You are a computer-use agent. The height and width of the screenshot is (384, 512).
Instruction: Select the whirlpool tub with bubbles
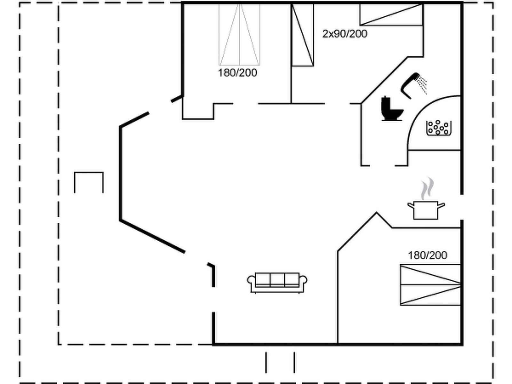[438, 128]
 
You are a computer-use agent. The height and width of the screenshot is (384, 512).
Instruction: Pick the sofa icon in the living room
[277, 283]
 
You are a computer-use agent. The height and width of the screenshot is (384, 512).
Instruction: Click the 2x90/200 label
[345, 34]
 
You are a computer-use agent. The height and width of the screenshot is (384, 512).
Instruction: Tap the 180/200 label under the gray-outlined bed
[237, 73]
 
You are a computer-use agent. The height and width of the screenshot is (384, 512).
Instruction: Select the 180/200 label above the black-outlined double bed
[427, 255]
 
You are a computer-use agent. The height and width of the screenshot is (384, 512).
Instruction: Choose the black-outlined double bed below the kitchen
[430, 284]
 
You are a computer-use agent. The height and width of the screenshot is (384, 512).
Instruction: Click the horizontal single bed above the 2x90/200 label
[391, 14]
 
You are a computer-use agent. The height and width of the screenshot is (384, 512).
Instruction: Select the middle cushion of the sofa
[277, 279]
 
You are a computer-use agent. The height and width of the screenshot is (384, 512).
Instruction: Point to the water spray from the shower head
[423, 84]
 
